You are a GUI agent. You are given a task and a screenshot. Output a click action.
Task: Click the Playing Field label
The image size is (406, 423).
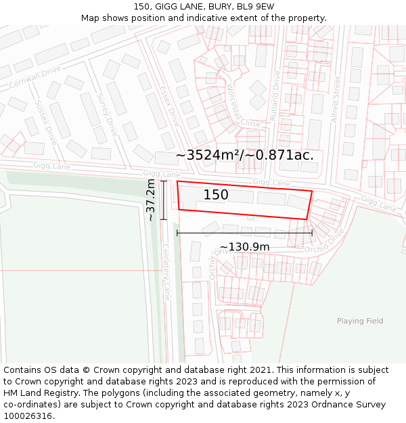pos(360,321)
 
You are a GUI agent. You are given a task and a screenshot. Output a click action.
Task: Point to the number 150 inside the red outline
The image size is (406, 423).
pos(216,195)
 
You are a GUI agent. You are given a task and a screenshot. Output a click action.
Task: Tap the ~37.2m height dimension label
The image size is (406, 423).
pos(151,200)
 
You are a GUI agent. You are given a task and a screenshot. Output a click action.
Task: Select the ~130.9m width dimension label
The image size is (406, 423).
pos(244,247)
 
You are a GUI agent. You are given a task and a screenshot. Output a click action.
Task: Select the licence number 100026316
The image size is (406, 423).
pos(28,416)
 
